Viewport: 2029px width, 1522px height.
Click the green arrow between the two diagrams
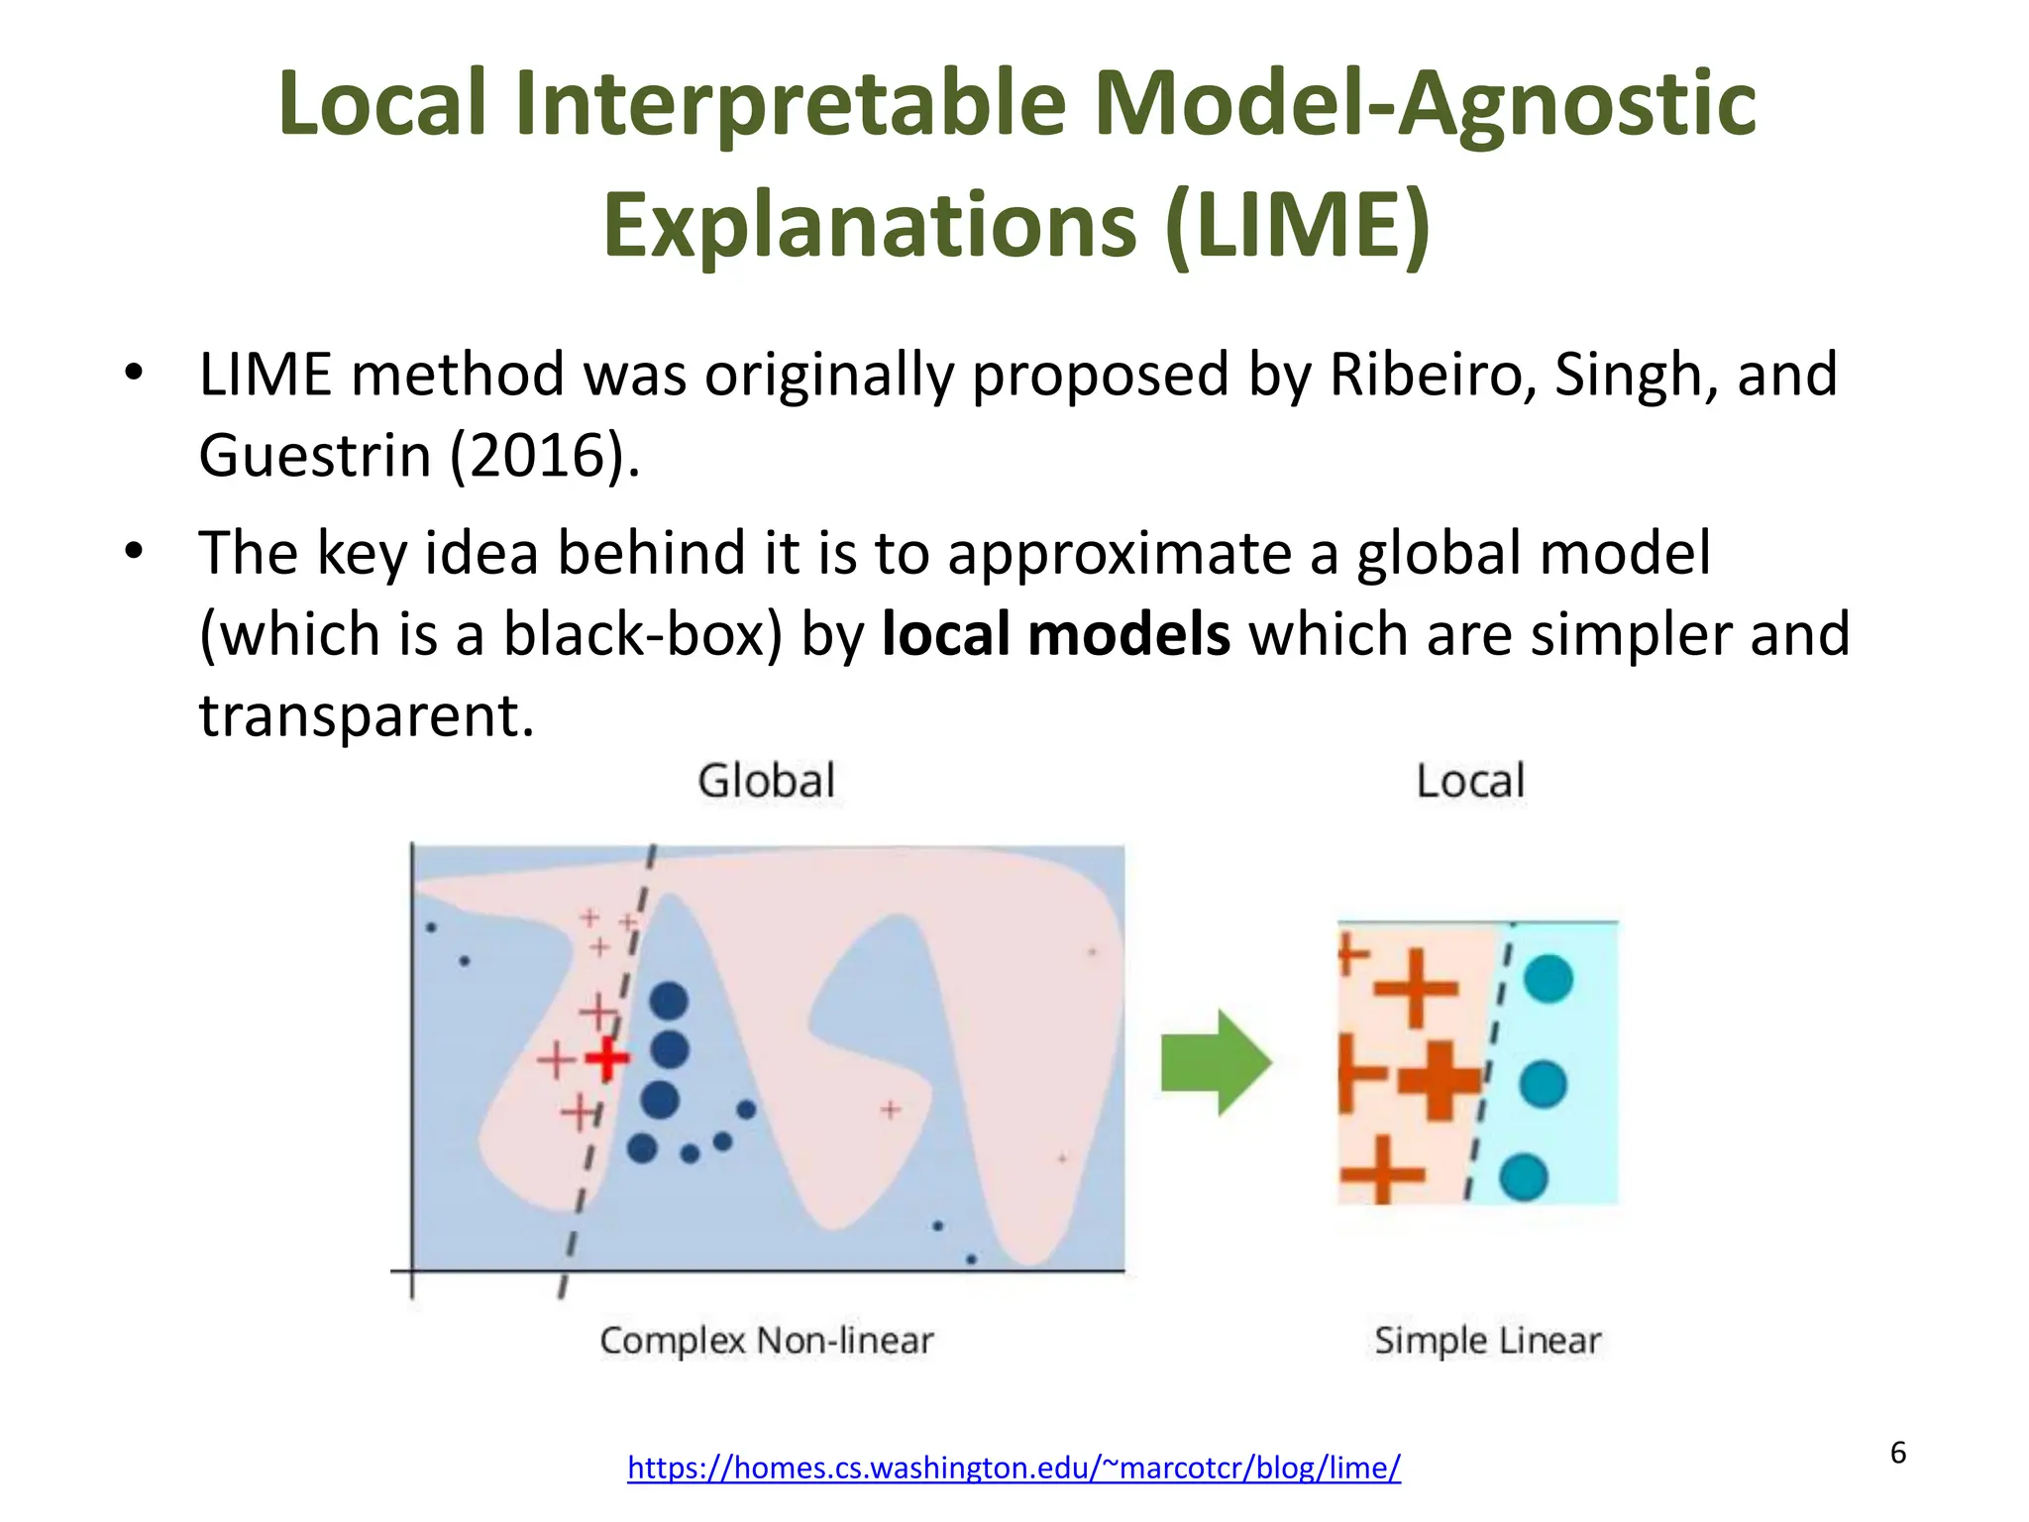click(1216, 1063)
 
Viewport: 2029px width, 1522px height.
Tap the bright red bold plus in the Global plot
click(607, 1058)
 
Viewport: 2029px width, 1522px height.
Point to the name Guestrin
click(314, 456)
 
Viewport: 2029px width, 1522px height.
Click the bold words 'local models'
click(1056, 634)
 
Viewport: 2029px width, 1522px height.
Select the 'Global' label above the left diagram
click(767, 781)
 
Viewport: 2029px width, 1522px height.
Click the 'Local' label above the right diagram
click(1470, 781)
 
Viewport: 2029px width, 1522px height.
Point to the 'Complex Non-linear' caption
click(767, 1341)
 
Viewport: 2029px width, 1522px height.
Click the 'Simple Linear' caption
click(1487, 1341)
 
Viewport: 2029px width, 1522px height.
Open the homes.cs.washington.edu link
click(1014, 1468)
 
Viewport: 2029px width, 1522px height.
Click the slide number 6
click(1898, 1453)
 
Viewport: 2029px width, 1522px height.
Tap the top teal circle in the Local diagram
click(1548, 979)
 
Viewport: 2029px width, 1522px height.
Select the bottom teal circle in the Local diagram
click(1524, 1178)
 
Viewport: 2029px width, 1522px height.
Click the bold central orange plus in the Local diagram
click(1441, 1080)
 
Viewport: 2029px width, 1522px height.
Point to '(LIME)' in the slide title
click(1298, 226)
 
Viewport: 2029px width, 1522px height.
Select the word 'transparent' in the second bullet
click(367, 715)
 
